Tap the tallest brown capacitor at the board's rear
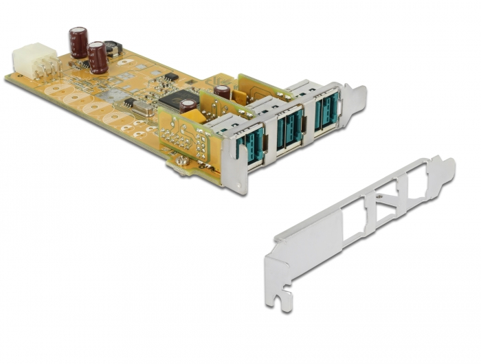(x=77, y=42)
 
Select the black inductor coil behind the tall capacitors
(x=113, y=48)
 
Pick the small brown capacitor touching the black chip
(x=188, y=106)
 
